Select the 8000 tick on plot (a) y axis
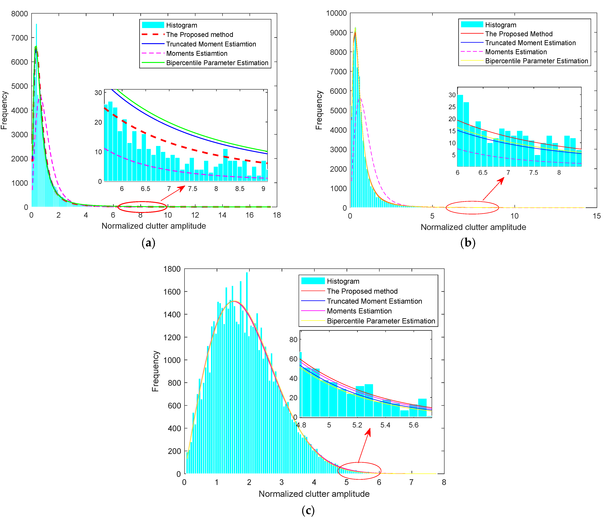[20, 14]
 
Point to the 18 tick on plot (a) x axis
[277, 215]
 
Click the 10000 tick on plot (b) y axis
[336, 13]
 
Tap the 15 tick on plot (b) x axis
[597, 216]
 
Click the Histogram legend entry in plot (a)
[181, 25]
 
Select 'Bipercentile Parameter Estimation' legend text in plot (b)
[536, 61]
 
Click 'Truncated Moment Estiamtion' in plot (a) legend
[211, 44]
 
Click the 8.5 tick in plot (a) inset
[240, 189]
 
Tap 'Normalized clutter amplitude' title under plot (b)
[473, 227]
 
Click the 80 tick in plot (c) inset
[293, 340]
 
